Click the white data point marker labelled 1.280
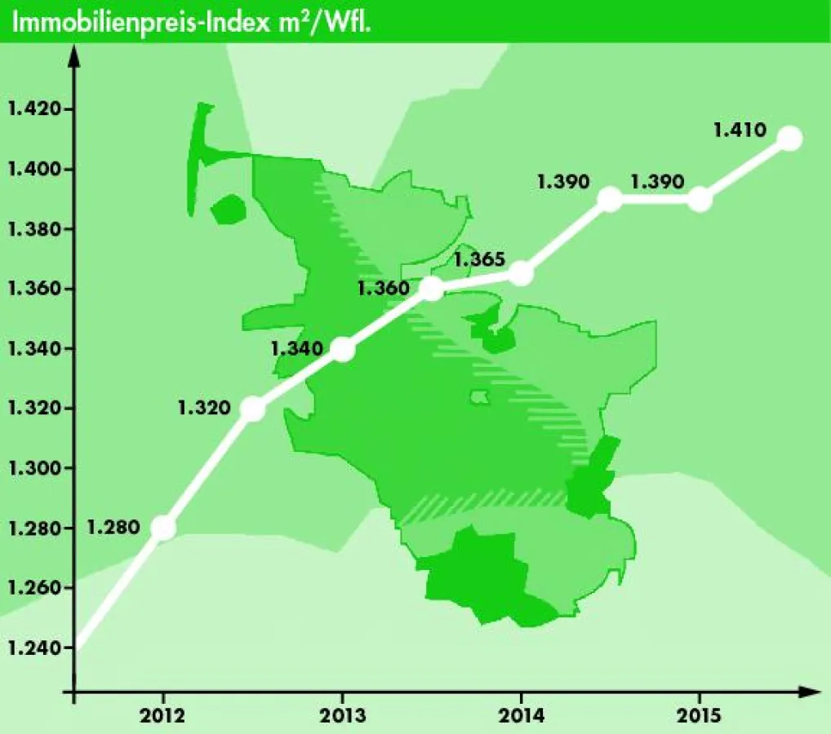point(163,528)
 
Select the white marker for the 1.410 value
point(789,139)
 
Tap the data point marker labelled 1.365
point(521,274)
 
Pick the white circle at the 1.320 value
point(253,409)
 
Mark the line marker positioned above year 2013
point(343,349)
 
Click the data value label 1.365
point(480,260)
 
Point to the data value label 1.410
point(739,129)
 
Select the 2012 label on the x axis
point(163,716)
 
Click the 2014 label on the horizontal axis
point(521,716)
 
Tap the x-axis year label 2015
point(700,716)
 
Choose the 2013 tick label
point(342,716)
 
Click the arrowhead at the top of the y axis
point(73,55)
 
